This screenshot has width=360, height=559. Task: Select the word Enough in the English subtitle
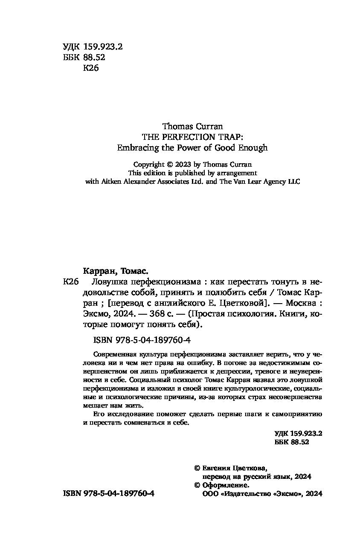coord(253,148)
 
